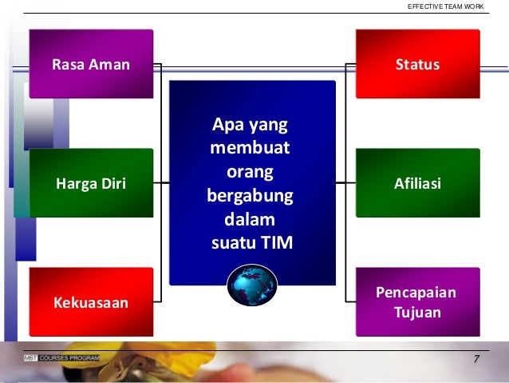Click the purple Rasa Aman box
91,64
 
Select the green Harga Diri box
91,184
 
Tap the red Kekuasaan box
91,302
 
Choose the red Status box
417,64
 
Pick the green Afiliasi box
417,184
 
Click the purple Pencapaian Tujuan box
417,302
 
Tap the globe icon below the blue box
252,285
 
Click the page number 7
475,359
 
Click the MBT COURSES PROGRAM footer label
62,357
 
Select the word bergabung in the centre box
251,195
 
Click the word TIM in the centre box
277,242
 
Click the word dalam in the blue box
251,218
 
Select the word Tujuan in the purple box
417,312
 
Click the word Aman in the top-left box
109,65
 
